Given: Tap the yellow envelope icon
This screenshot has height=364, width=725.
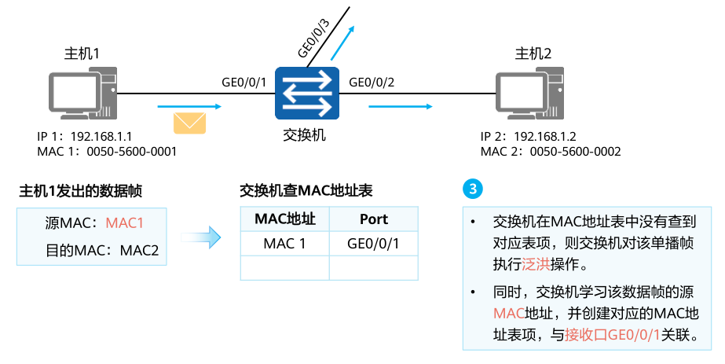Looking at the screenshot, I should tap(189, 123).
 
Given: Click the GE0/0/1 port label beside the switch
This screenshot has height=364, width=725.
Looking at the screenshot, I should tap(244, 82).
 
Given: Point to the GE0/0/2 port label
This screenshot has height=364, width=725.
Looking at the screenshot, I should tap(372, 82).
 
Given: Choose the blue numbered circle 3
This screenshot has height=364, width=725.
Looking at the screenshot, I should tap(473, 189).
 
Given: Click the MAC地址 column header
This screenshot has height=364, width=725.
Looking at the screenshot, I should tap(284, 219).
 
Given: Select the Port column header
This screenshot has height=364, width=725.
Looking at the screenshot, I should tap(373, 219).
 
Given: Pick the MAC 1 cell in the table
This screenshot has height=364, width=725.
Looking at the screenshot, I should tap(284, 244).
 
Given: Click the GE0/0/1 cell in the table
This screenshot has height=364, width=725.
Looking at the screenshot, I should tap(373, 244).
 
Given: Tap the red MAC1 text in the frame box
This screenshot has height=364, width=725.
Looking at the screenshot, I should tap(125, 223).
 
